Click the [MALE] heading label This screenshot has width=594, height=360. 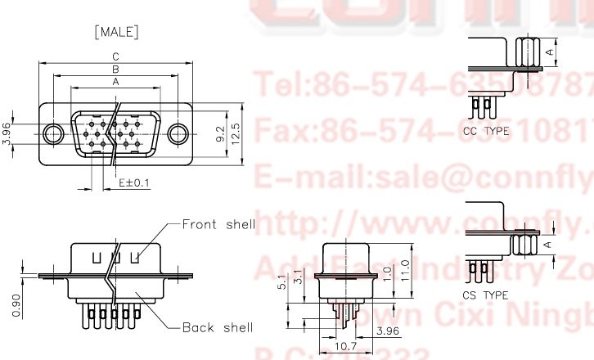click(x=116, y=33)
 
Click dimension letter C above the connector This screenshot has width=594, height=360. click(x=116, y=56)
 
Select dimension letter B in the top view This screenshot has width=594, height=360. click(x=116, y=70)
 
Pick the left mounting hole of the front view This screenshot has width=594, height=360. click(x=54, y=133)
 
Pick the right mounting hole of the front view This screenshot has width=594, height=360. click(x=178, y=133)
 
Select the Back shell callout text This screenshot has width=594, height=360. click(x=217, y=327)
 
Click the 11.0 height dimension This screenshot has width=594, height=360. click(x=404, y=269)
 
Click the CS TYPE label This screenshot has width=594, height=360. click(x=485, y=295)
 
